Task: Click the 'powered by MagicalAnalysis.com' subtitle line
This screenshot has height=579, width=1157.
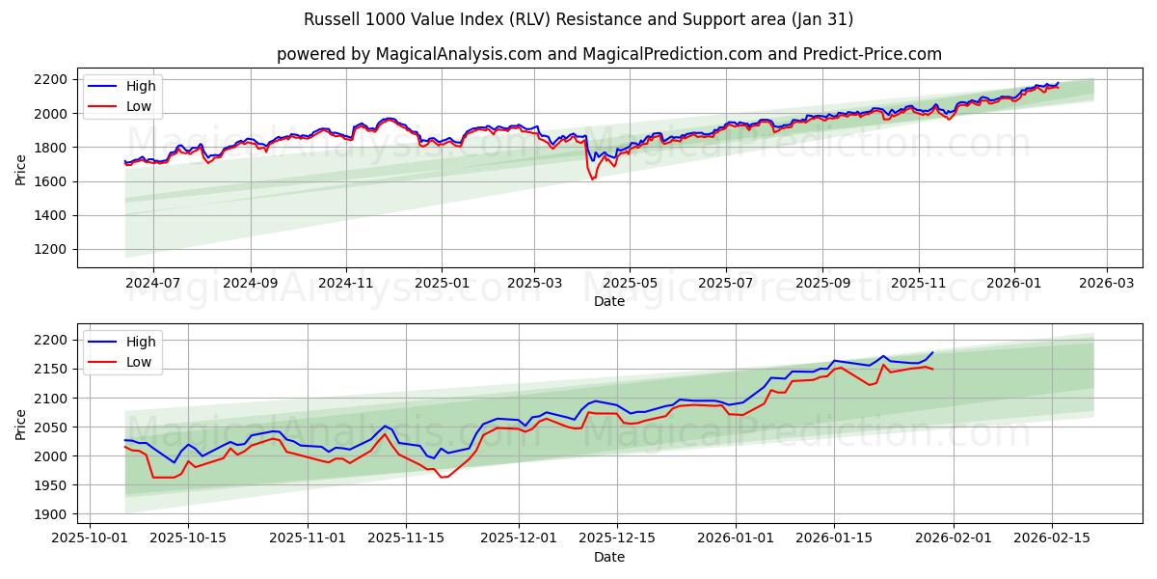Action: pos(608,54)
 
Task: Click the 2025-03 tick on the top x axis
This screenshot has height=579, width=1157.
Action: pos(534,284)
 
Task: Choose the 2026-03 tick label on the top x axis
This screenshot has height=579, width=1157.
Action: pos(1106,284)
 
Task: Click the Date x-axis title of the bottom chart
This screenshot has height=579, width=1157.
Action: pos(608,557)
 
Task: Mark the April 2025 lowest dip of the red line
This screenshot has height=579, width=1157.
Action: pos(592,179)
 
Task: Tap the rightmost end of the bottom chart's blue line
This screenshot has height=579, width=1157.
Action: pos(932,352)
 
